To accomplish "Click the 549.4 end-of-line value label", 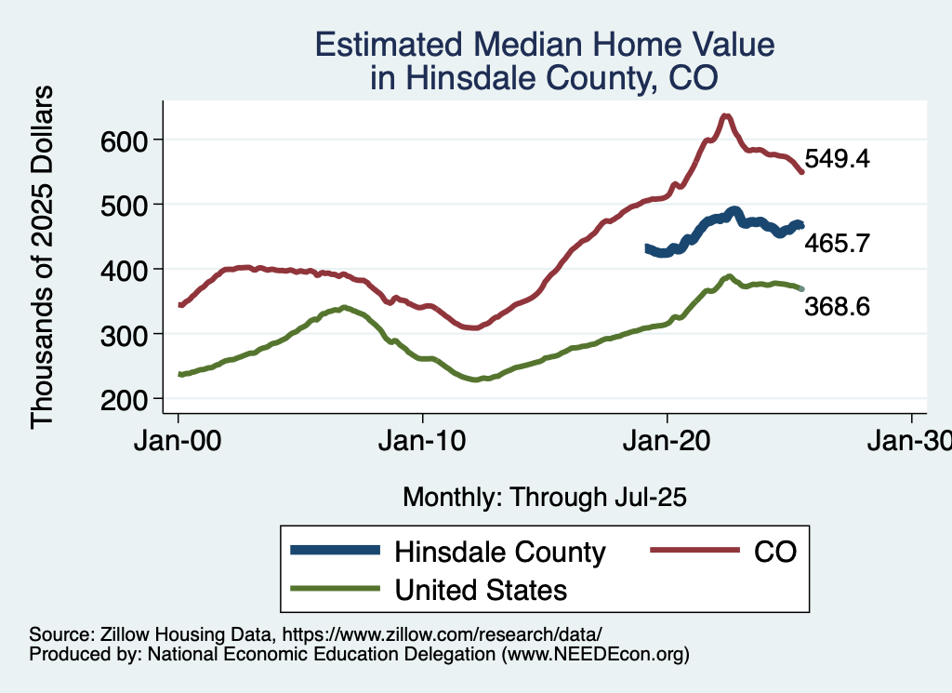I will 837,159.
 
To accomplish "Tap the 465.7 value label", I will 837,244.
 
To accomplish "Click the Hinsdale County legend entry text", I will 500,552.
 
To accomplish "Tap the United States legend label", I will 481,590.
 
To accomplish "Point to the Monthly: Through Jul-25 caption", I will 544,497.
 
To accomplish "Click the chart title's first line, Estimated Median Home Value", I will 544,45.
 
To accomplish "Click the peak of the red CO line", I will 726,116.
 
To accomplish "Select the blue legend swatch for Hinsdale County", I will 336,552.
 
